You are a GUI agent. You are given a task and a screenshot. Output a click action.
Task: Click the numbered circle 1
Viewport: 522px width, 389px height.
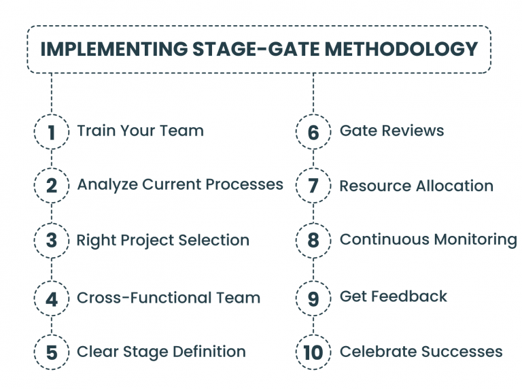52,131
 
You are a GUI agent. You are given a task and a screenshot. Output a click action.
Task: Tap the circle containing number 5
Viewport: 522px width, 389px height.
52,352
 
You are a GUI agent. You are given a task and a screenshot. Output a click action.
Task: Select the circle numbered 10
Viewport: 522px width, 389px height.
313,352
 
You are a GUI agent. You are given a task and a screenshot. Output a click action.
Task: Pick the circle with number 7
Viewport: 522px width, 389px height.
313,186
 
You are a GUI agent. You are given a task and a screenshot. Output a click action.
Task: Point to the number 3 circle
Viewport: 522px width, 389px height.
52,240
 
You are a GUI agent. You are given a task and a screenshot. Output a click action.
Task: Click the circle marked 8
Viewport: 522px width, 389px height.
313,240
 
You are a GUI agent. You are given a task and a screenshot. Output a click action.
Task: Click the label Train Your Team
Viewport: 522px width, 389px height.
140,131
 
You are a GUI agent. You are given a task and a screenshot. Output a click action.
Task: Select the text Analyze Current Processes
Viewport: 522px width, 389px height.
180,185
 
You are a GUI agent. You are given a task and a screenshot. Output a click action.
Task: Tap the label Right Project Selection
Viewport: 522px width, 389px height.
162,240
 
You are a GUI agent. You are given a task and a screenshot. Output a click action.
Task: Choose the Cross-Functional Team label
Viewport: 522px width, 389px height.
169,297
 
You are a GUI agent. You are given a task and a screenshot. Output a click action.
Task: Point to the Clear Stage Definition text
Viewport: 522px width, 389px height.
161,352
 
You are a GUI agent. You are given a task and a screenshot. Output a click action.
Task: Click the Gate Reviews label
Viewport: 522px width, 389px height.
391,131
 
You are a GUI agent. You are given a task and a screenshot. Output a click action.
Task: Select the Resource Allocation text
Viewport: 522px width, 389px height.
416,186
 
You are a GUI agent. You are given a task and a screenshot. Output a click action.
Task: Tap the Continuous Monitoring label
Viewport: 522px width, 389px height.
428,239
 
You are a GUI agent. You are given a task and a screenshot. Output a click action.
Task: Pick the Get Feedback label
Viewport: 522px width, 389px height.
393,297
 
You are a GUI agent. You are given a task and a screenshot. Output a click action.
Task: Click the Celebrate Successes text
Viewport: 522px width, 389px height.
421,352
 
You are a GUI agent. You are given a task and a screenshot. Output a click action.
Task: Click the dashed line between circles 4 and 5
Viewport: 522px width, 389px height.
52,325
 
